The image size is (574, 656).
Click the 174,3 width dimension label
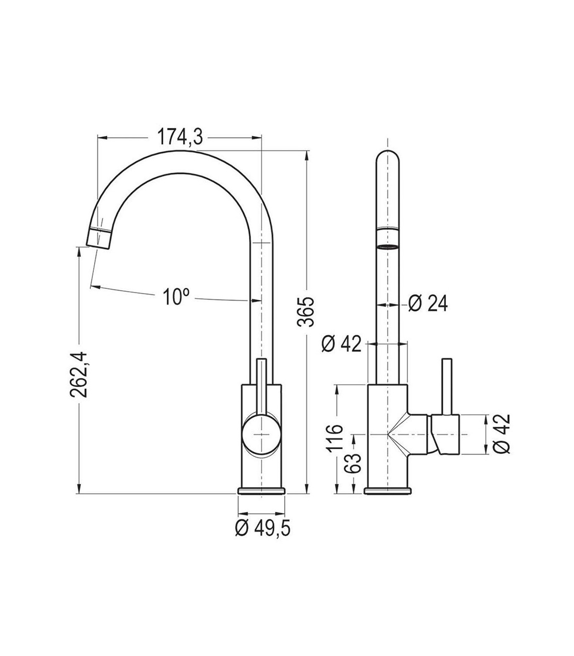pos(180,137)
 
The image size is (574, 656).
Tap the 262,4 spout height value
pos(78,374)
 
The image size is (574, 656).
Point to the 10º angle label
pos(176,296)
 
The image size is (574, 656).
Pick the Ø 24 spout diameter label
pos(428,303)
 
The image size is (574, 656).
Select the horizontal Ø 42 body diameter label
pos(341,344)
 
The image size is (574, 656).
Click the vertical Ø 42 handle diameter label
pos(501,434)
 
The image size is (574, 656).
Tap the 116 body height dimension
pos(335,438)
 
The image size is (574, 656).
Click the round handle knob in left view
pos(262,435)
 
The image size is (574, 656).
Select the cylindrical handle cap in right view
pos(446,435)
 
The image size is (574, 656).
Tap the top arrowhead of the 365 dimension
pos(307,155)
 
